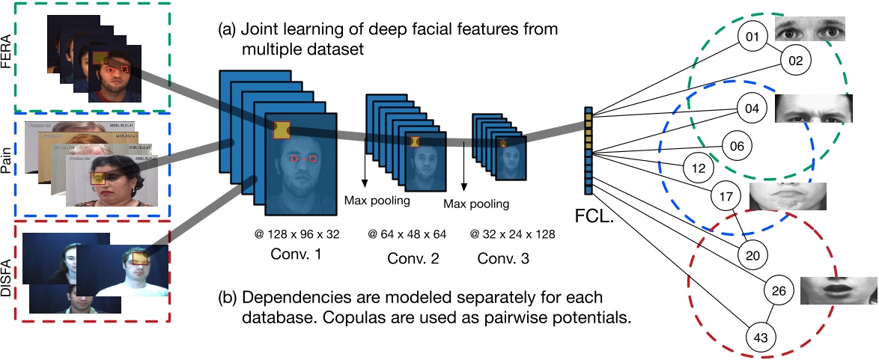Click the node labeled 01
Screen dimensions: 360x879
point(753,37)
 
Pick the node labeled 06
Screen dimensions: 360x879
point(737,146)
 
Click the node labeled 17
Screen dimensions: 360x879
point(725,196)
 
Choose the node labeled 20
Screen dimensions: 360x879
point(753,255)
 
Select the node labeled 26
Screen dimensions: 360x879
point(779,290)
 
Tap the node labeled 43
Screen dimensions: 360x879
point(761,338)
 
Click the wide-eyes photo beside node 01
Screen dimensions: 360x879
point(809,30)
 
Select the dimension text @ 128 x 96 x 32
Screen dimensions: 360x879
point(296,234)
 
